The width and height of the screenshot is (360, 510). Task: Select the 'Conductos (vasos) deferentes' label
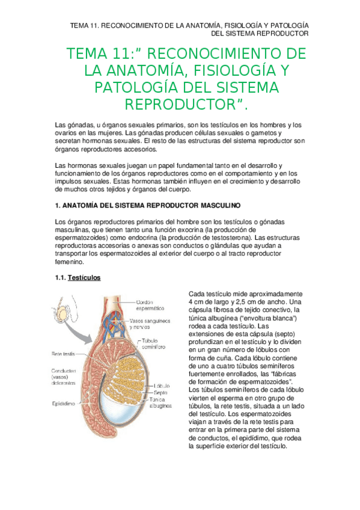[63, 376]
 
